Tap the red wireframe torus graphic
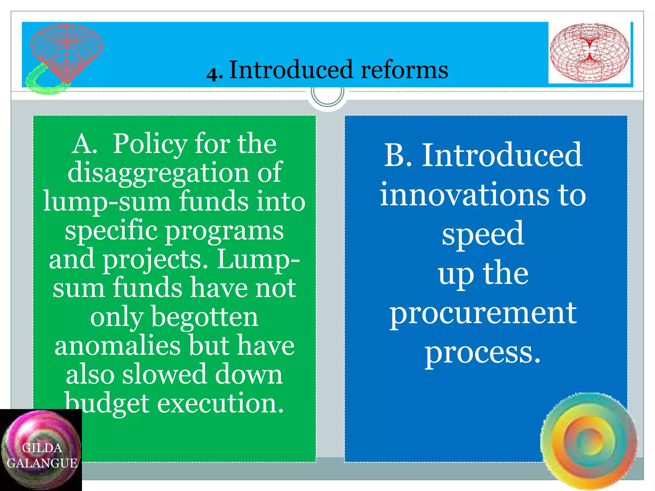[589, 52]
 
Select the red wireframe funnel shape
[67, 51]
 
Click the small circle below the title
[327, 93]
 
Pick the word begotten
[205, 317]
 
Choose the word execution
[220, 403]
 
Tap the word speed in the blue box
[483, 234]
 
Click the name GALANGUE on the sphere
[42, 463]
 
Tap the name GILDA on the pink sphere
[42, 448]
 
